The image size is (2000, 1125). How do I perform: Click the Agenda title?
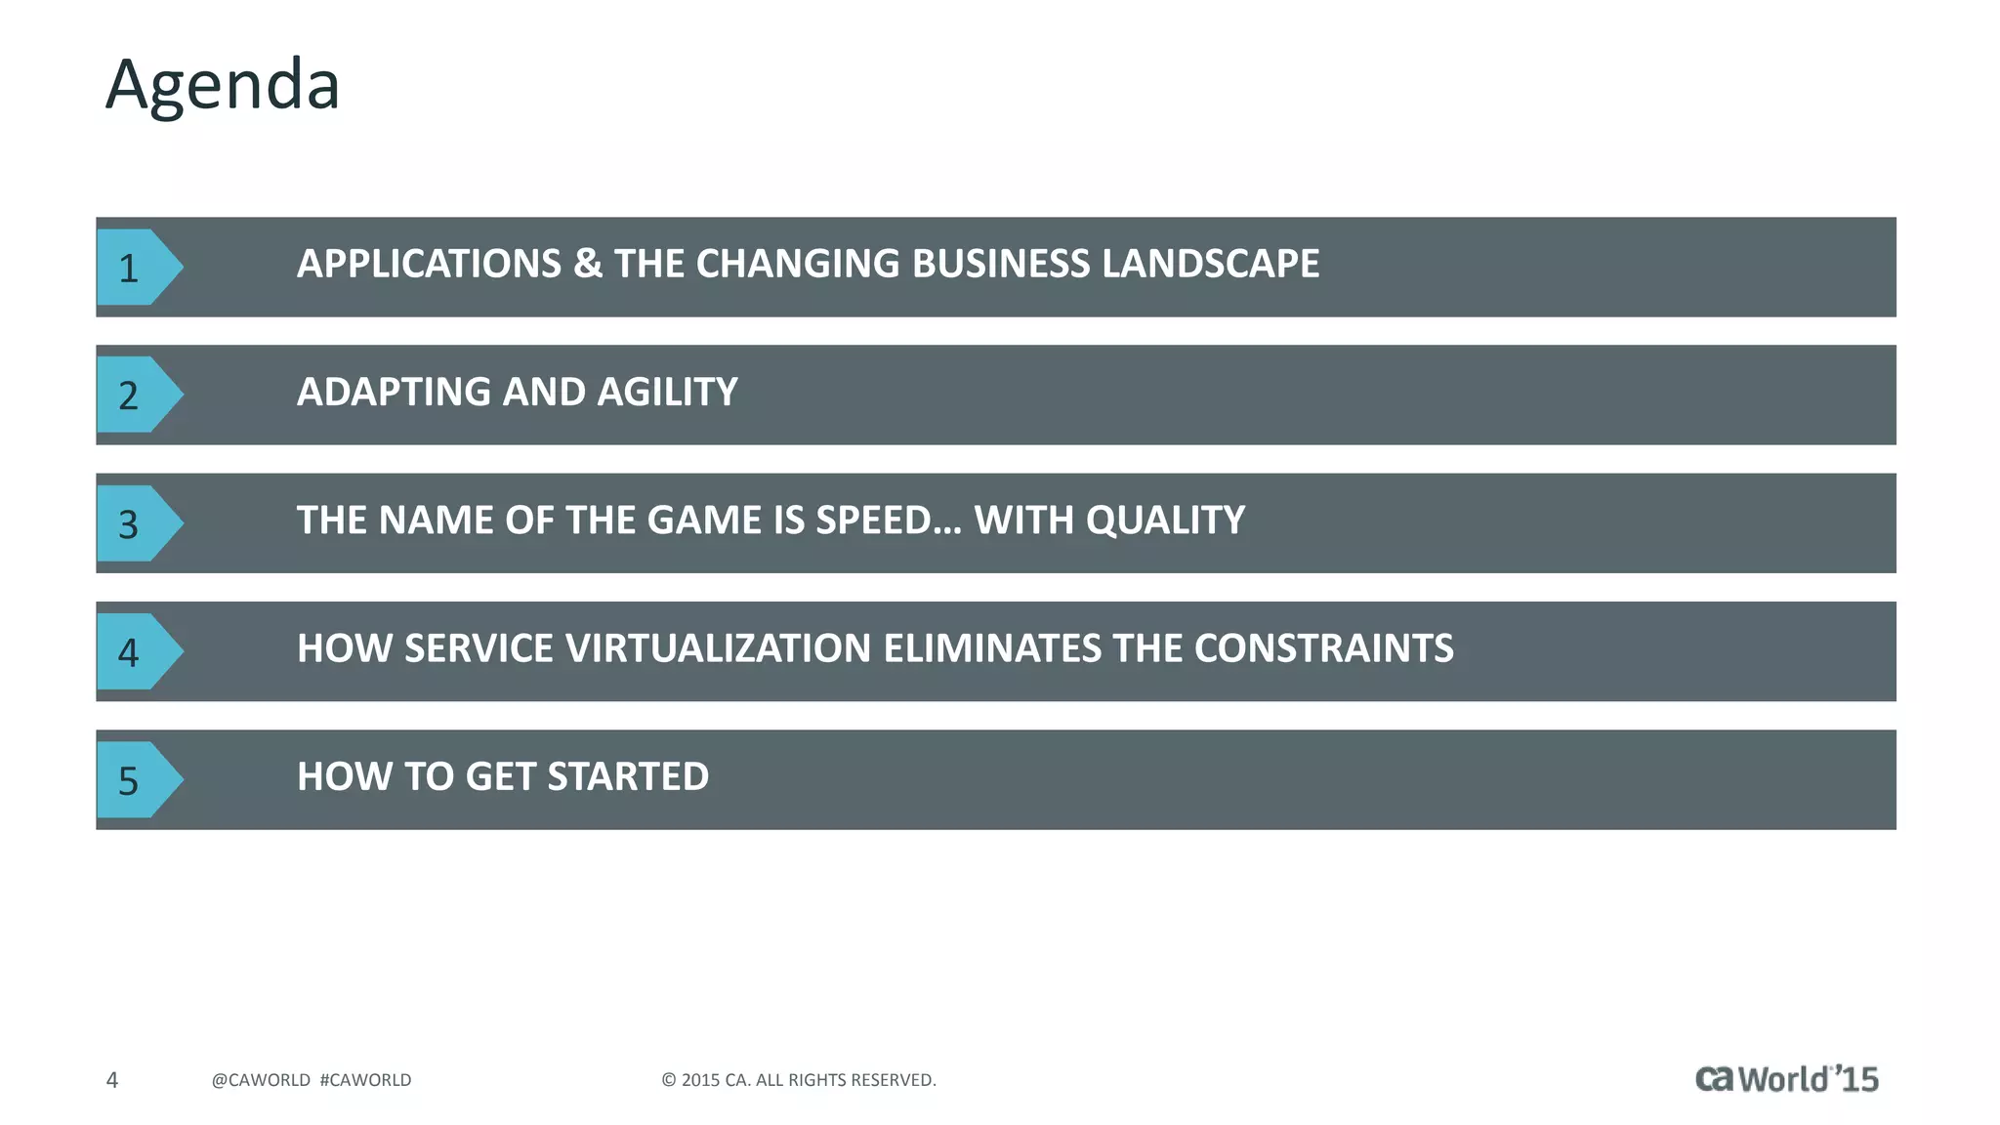click(x=223, y=85)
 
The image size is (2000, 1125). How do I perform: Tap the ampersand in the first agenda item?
click(x=588, y=264)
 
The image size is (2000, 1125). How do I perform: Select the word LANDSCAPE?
click(x=1210, y=264)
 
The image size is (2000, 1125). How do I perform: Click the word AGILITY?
click(x=667, y=393)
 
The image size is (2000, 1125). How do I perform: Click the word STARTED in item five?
click(x=628, y=777)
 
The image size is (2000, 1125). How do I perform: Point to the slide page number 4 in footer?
click(x=112, y=1080)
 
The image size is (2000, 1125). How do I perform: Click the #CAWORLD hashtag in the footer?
click(x=365, y=1080)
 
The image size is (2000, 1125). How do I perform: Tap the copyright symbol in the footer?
click(x=669, y=1080)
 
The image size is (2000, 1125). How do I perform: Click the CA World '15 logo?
click(x=1786, y=1079)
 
